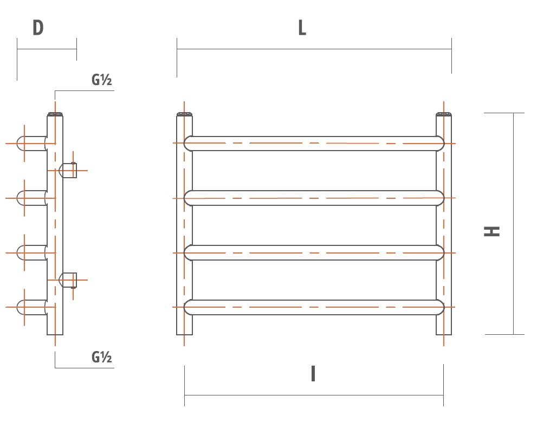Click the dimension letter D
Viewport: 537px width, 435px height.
click(x=37, y=28)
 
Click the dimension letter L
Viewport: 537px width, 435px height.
click(x=302, y=28)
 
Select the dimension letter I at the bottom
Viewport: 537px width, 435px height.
click(x=313, y=374)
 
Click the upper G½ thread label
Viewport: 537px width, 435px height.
click(x=101, y=81)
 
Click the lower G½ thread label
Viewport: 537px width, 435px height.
click(x=101, y=357)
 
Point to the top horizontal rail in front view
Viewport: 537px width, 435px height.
click(x=314, y=143)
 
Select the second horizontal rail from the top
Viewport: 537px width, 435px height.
click(x=314, y=198)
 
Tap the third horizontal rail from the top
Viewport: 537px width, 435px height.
click(x=314, y=252)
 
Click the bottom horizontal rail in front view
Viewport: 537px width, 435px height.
click(x=314, y=307)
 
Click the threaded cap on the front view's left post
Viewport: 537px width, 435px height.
click(x=185, y=114)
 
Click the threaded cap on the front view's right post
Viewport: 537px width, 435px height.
click(x=444, y=114)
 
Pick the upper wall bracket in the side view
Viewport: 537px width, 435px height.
click(x=69, y=170)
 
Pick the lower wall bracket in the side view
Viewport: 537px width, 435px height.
click(x=69, y=280)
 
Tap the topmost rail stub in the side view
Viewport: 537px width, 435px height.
click(x=31, y=143)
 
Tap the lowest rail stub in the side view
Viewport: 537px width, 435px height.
click(x=31, y=307)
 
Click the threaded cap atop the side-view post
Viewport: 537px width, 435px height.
click(x=55, y=114)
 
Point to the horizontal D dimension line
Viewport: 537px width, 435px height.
click(x=47, y=49)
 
